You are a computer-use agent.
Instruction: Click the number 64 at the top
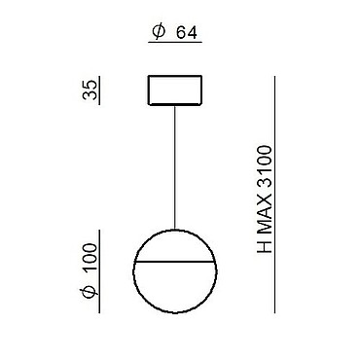coord(187,33)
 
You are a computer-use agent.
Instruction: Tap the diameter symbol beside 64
coord(159,33)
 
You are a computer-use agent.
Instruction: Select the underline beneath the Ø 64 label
coord(175,43)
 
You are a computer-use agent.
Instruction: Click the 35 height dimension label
coord(90,90)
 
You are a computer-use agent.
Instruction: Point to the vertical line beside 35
coord(99,90)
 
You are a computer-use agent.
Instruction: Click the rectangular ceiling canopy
coord(175,90)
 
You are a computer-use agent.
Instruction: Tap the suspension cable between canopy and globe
coord(175,167)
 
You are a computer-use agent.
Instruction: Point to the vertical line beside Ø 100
coord(99,271)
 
